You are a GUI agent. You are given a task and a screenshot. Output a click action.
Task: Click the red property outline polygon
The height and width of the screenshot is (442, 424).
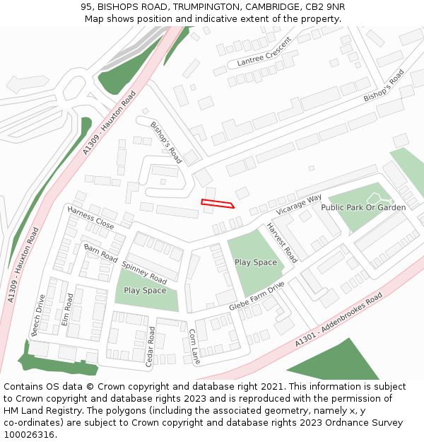click(x=217, y=204)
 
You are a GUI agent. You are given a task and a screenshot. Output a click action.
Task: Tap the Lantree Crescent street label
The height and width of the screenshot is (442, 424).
click(x=264, y=52)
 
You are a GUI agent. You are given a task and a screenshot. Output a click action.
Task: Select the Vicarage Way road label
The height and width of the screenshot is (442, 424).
click(x=299, y=203)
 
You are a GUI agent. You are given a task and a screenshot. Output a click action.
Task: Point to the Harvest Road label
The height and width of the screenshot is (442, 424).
click(x=281, y=243)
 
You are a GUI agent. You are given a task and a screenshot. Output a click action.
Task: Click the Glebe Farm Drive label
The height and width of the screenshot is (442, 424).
click(x=256, y=297)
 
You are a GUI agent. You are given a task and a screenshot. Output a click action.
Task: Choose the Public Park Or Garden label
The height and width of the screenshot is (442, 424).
click(x=363, y=207)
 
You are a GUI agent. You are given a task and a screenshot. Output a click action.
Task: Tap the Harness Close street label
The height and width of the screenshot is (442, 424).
click(x=90, y=218)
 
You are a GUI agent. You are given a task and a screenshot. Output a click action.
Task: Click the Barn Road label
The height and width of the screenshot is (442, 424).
click(x=100, y=252)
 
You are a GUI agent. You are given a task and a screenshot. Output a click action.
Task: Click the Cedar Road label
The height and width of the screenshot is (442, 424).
click(x=150, y=347)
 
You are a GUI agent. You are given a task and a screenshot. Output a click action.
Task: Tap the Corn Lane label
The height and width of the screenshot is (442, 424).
click(x=194, y=347)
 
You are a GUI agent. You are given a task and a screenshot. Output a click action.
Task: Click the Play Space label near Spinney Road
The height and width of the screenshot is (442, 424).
click(x=145, y=291)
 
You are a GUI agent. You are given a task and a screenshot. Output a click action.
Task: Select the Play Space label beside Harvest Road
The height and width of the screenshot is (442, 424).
click(x=256, y=262)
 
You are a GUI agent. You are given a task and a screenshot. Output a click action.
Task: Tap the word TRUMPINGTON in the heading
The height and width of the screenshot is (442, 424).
click(x=201, y=7)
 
